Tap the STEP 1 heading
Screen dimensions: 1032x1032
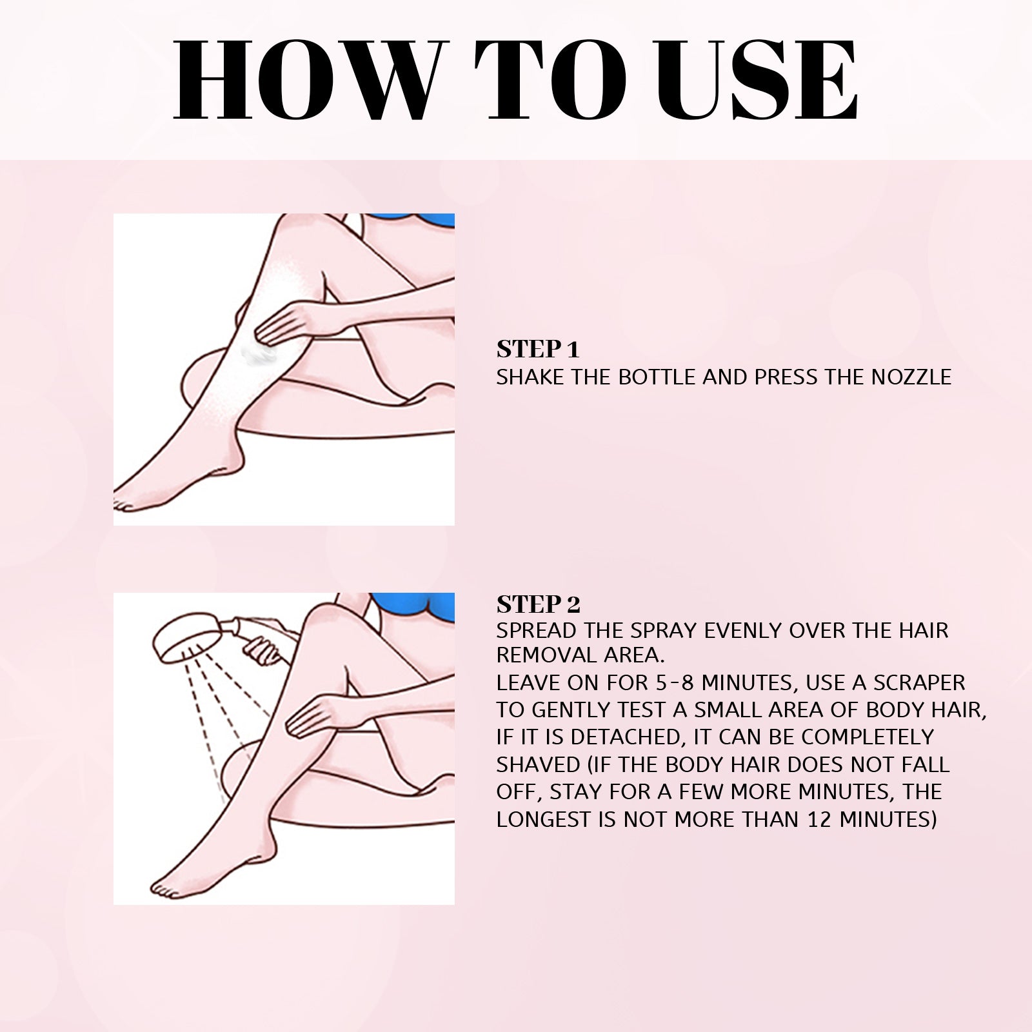click(538, 350)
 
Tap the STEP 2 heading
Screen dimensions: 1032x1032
click(538, 604)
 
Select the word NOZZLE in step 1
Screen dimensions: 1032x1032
click(911, 377)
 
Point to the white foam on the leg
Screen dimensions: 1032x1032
click(257, 354)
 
